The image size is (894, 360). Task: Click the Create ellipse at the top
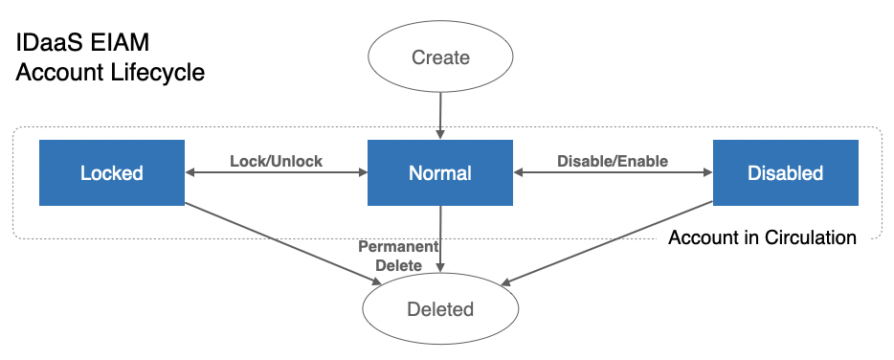[x=440, y=57]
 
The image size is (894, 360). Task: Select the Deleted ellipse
[x=440, y=309]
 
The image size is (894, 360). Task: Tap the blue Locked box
[x=111, y=173]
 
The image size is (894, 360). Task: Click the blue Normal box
[x=440, y=173]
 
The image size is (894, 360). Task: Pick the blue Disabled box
[x=785, y=173]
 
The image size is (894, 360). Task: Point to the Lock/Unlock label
[x=276, y=161]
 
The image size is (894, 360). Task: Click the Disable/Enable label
[x=613, y=161]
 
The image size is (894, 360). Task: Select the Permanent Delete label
[x=397, y=256]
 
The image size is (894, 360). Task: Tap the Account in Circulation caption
[x=762, y=237]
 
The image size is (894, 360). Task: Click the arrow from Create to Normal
[x=440, y=115]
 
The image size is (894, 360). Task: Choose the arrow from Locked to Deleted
[x=278, y=243]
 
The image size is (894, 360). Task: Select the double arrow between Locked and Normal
[x=276, y=173]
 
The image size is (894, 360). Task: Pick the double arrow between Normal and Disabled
[x=613, y=173]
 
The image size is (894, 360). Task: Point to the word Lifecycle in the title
[x=157, y=73]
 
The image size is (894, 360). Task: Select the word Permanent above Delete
[x=397, y=247]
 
